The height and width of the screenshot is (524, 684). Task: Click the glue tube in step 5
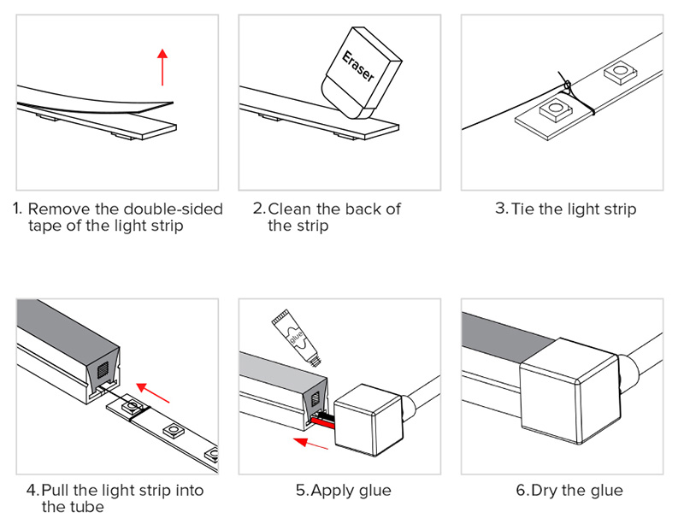coord(296,337)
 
